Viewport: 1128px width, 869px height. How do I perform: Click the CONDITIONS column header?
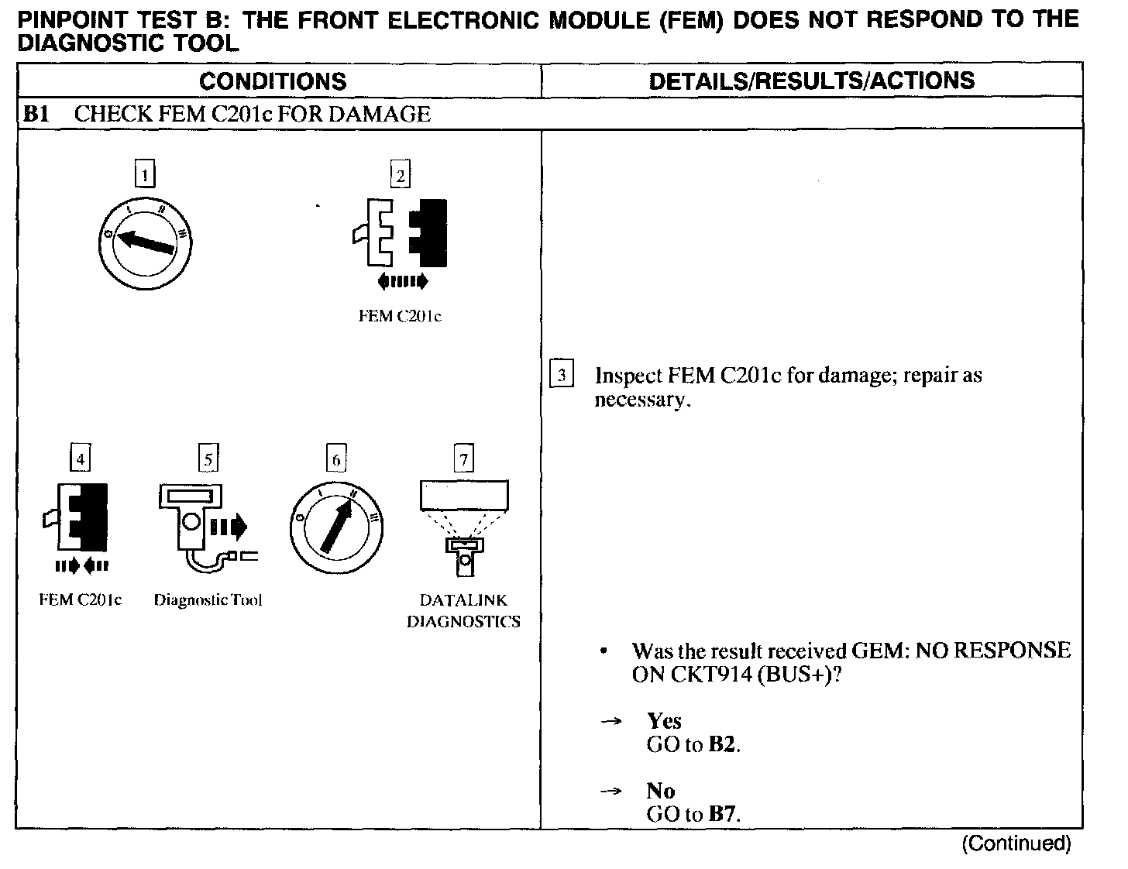[x=273, y=81]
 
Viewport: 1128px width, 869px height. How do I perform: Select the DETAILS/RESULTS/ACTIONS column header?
[x=811, y=81]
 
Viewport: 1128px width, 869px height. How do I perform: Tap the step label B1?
[x=36, y=115]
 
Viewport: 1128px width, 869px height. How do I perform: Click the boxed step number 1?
[x=145, y=173]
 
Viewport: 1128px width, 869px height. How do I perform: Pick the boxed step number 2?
[x=400, y=176]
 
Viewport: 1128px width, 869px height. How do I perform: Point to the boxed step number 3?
[x=561, y=376]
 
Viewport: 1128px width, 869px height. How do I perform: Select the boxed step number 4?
[x=80, y=459]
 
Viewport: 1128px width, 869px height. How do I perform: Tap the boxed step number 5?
[x=208, y=459]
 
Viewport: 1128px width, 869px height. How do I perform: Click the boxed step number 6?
[x=335, y=459]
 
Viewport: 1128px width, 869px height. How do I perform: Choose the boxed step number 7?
[x=463, y=459]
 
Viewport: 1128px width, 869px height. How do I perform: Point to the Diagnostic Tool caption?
[x=208, y=600]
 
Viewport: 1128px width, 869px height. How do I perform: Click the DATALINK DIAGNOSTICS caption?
[x=463, y=610]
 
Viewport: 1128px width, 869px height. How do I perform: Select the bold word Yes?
[x=664, y=721]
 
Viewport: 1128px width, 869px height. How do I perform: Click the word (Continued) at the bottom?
[x=1016, y=843]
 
